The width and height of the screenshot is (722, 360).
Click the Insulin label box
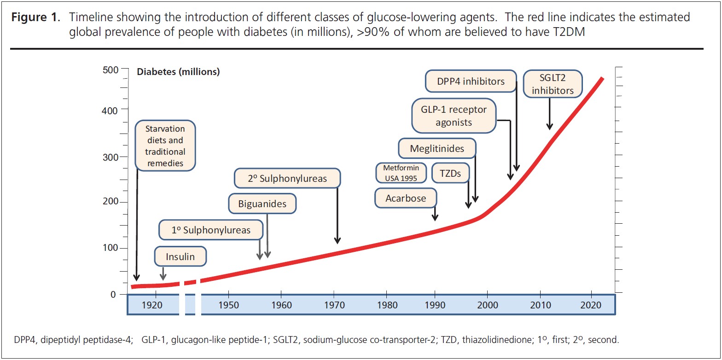click(x=180, y=257)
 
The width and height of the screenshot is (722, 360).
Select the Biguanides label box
click(x=262, y=203)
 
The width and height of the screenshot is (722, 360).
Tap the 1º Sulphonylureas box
click(x=211, y=230)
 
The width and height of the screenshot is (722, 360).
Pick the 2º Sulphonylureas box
click(x=287, y=179)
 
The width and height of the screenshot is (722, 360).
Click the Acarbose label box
click(x=405, y=198)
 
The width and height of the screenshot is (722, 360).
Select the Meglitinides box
click(x=437, y=149)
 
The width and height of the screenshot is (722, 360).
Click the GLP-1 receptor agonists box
click(x=454, y=116)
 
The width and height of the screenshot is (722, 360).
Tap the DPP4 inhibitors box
click(x=471, y=81)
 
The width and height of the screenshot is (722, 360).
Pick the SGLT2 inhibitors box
click(x=553, y=84)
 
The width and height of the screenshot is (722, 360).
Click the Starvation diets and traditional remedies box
click(x=165, y=146)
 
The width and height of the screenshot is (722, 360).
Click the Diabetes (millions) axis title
click(x=178, y=72)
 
